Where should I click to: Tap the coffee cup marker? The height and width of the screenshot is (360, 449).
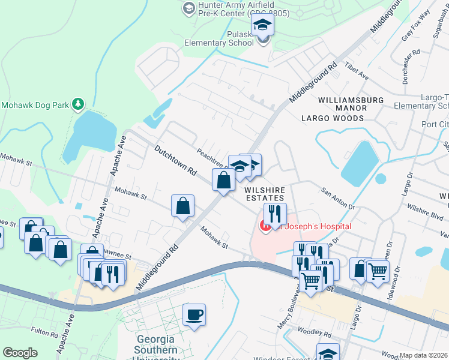point(194,314)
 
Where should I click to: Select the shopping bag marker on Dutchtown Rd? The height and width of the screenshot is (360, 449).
point(223,179)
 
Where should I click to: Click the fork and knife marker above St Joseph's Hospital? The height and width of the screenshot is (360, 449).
point(275,214)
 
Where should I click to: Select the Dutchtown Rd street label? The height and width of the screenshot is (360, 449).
point(176,160)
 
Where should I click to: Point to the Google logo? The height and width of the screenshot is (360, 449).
point(20,353)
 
